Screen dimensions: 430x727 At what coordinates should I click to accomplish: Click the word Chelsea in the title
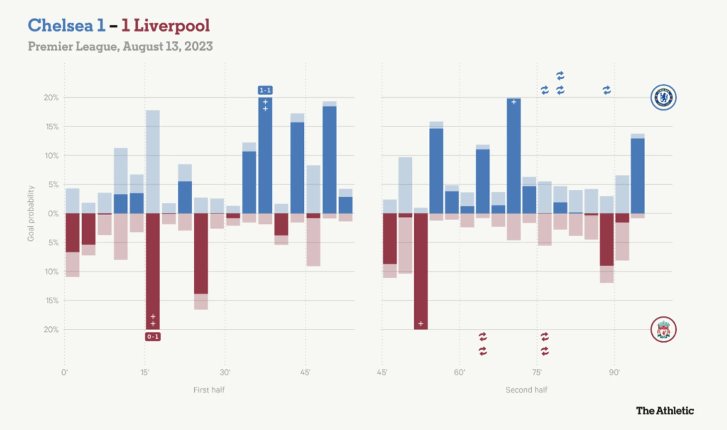60,25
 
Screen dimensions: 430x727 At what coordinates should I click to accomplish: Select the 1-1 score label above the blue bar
265,90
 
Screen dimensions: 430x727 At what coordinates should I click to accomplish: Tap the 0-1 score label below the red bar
153,337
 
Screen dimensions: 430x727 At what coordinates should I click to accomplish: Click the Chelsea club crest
663,97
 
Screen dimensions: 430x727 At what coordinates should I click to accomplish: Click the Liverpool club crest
663,329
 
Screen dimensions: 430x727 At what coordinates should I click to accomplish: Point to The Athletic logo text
665,411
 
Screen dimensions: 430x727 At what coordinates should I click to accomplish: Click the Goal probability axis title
31,213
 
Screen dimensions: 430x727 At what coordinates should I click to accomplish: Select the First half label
209,390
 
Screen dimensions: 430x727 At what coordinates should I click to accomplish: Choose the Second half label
526,390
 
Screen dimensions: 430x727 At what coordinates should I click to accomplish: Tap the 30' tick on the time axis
225,372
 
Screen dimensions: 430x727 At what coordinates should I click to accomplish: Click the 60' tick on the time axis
459,372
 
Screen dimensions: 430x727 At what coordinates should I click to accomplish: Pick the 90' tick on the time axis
614,372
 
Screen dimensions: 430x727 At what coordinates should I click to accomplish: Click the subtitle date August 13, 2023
167,46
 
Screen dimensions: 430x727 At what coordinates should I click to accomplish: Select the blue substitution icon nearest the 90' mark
606,90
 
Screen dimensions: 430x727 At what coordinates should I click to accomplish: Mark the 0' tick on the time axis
64,372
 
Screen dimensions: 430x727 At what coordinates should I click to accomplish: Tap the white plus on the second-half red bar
421,324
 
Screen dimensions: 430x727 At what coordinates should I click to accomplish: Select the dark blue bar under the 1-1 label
265,159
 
